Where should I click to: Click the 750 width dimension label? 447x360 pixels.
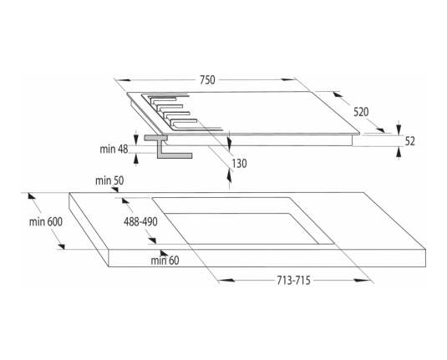tap(207, 80)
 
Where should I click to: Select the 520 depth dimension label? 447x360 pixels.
tap(361, 112)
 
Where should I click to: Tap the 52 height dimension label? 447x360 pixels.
tap(409, 141)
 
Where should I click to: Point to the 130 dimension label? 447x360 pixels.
tap(239, 164)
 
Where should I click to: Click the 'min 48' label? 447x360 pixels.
tap(114, 149)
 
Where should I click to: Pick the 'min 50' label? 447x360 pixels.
tap(109, 180)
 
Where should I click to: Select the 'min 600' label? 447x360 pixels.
tap(46, 221)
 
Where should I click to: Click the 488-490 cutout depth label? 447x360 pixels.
tap(140, 221)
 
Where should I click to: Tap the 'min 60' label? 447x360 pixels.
tap(165, 261)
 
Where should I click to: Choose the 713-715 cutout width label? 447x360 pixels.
tap(293, 281)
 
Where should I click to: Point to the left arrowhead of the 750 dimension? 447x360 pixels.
tap(123, 80)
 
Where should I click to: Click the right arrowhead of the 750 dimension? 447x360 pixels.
tap(288, 79)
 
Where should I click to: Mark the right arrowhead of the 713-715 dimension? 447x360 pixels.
tap(362, 281)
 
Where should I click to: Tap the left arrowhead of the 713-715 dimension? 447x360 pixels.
tap(227, 281)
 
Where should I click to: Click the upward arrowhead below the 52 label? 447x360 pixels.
tap(399, 153)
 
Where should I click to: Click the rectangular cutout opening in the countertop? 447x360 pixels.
tap(242, 221)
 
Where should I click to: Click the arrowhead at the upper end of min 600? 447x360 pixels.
tap(32, 195)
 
